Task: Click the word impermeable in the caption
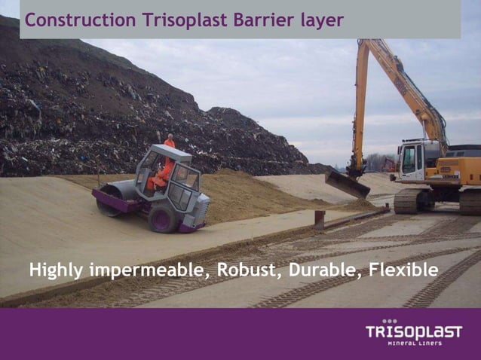[148, 270]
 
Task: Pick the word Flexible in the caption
[400, 269]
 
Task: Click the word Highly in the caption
[56, 270]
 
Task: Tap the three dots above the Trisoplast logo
[389, 321]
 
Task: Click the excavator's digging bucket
[347, 184]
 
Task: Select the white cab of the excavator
[412, 161]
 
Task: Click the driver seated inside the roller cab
[161, 175]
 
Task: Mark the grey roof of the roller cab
[170, 152]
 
